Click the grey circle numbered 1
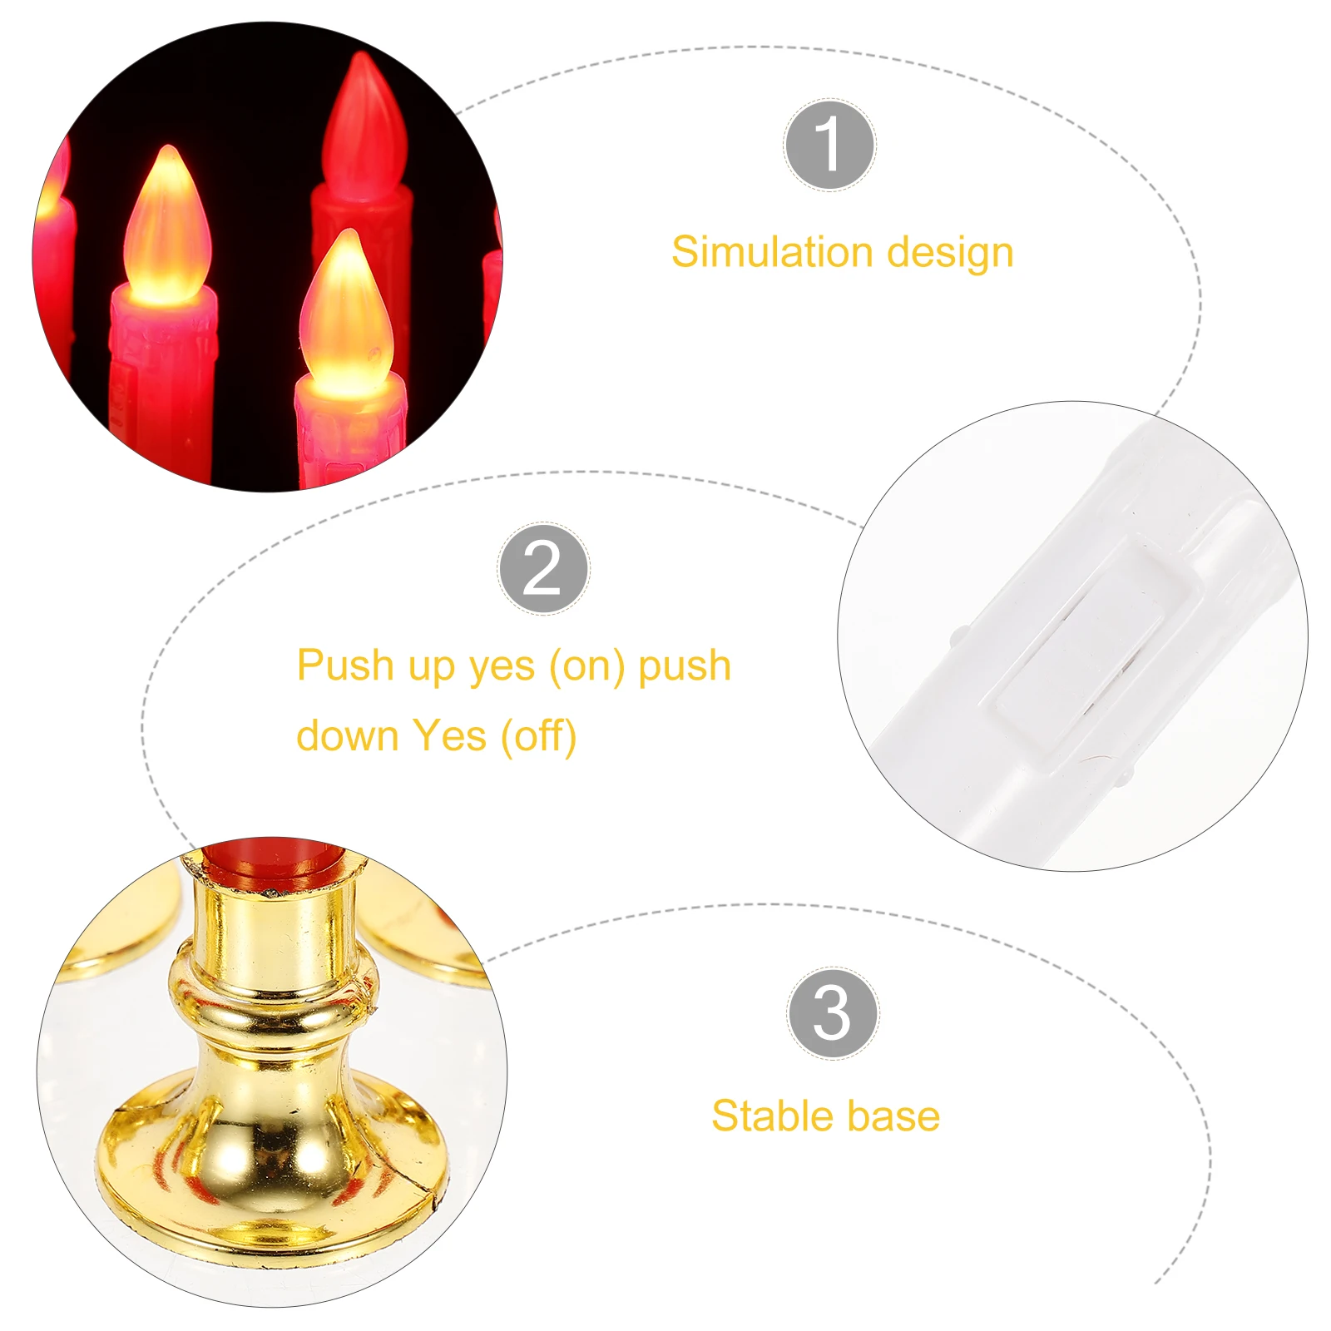click(829, 145)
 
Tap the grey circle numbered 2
click(543, 569)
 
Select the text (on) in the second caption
click(586, 666)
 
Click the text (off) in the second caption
click(538, 736)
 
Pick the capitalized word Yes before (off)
click(449, 735)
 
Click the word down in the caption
click(348, 735)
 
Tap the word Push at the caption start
click(344, 665)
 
